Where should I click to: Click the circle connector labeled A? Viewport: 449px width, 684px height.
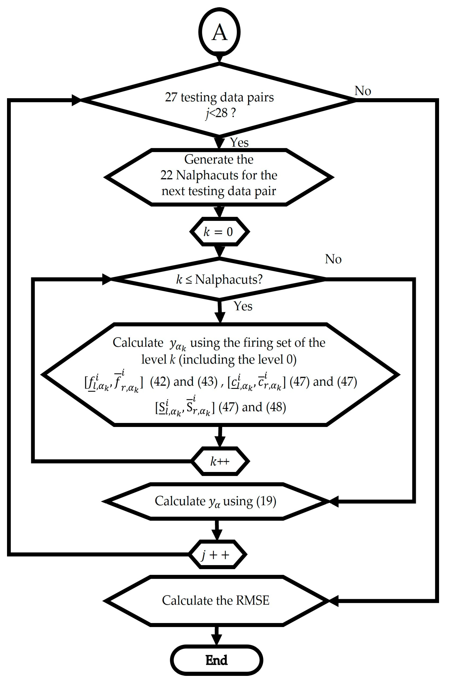pyautogui.click(x=219, y=32)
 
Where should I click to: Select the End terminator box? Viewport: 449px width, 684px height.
pyautogui.click(x=216, y=660)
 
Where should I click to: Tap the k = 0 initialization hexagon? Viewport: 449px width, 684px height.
pyautogui.click(x=219, y=232)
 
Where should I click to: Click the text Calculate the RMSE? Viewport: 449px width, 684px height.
pyautogui.click(x=216, y=600)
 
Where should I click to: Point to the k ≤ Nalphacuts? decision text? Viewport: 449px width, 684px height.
pyautogui.click(x=219, y=279)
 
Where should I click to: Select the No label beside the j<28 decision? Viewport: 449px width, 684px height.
pyautogui.click(x=363, y=91)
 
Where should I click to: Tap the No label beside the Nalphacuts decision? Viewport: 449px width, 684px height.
pyautogui.click(x=333, y=259)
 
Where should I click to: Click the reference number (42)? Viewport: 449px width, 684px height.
pyautogui.click(x=160, y=382)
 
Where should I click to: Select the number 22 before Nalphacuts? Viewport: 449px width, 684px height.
pyautogui.click(x=166, y=175)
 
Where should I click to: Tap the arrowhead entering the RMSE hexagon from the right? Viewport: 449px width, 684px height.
pyautogui.click(x=334, y=601)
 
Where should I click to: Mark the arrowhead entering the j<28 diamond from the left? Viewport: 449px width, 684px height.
pyautogui.click(x=76, y=100)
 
